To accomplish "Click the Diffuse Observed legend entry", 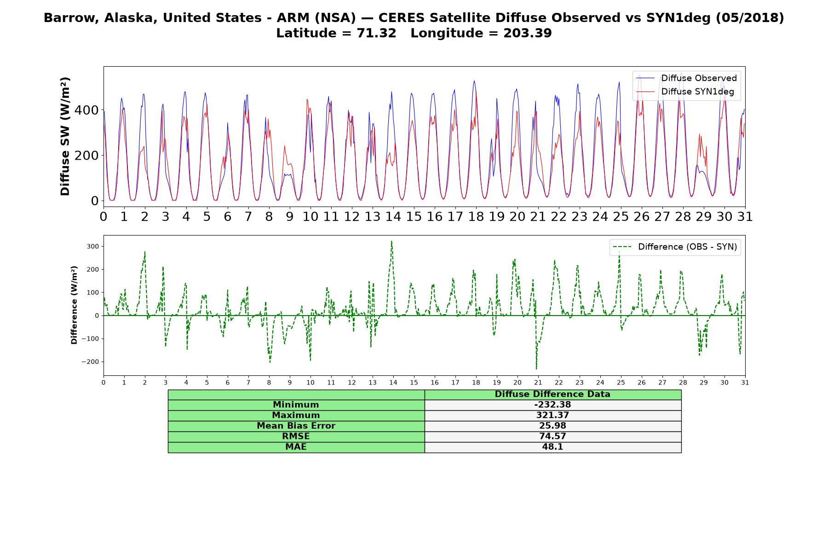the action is tap(686, 78).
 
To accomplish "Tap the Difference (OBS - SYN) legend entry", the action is tap(675, 247).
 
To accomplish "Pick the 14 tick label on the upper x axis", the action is tap(393, 217).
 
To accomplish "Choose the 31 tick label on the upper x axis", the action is tap(745, 217).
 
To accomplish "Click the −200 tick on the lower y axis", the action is tap(90, 362).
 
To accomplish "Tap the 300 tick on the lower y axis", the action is tap(92, 247).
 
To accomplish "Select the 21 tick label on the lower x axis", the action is tap(538, 382).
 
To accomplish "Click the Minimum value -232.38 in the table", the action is tap(552, 405).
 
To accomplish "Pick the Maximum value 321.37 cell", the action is tap(552, 415).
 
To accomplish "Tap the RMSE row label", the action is tap(296, 437).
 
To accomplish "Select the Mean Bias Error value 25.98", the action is tap(552, 426).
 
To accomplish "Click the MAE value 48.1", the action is tap(552, 447).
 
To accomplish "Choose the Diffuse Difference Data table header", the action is tap(552, 394).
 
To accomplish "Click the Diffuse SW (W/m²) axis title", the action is tap(65, 137).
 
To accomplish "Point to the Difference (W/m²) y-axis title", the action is tap(74, 305).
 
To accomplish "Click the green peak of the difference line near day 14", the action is tap(391, 241).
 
